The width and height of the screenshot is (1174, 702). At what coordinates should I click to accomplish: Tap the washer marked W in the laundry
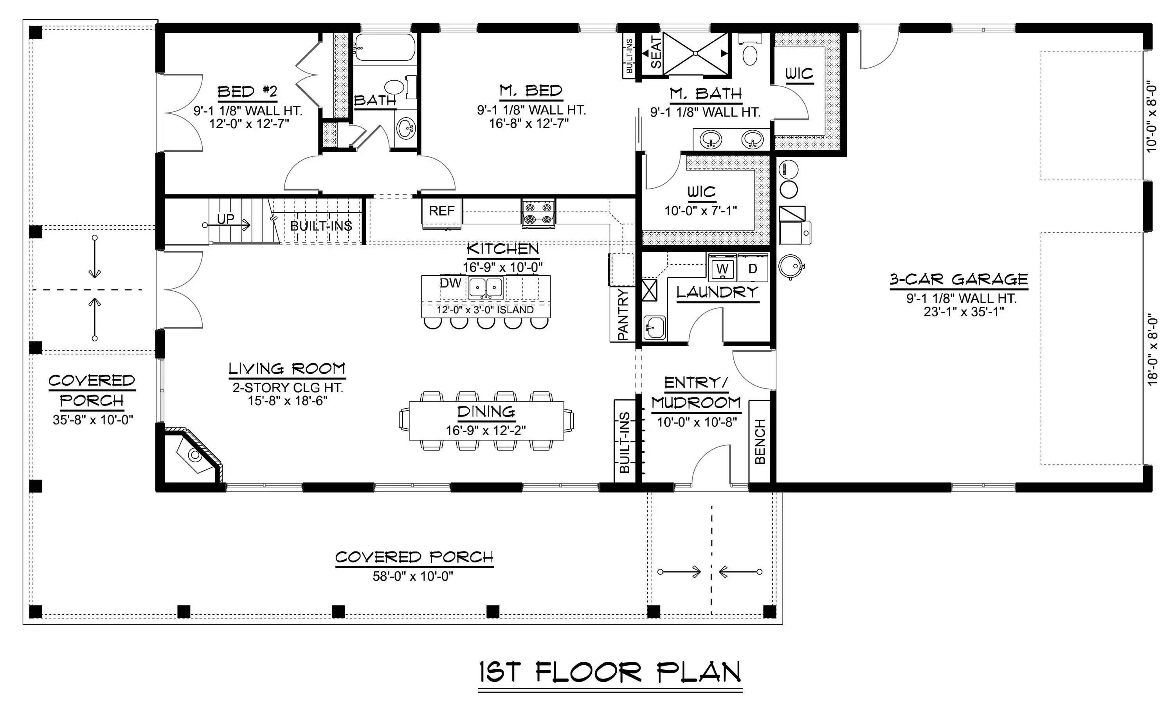722,268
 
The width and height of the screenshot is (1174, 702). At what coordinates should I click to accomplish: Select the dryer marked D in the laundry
753,268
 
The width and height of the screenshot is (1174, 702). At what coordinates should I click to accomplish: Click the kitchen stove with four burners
538,214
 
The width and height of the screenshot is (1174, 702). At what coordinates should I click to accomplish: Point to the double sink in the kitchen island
486,287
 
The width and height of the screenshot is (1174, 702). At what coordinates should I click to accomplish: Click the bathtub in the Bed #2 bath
385,47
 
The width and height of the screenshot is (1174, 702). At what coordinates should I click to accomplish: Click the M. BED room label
531,90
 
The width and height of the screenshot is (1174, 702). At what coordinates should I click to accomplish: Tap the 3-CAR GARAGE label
959,280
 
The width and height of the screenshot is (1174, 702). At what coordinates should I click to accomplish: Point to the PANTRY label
623,314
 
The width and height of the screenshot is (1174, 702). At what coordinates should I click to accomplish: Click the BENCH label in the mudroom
760,442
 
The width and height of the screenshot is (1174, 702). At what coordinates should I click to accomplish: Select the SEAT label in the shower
656,52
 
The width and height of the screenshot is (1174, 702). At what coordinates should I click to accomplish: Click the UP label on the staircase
226,219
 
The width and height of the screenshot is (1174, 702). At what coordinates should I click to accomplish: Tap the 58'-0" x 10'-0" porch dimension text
413,576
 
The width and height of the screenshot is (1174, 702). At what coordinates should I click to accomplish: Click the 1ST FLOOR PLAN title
610,672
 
